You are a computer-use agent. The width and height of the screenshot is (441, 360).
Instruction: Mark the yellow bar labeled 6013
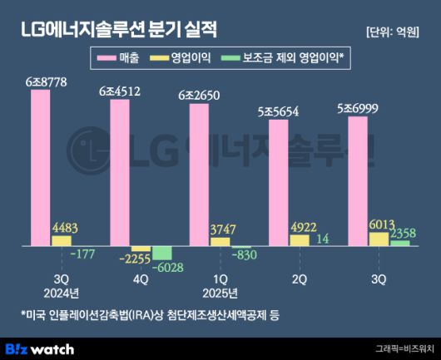pos(378,239)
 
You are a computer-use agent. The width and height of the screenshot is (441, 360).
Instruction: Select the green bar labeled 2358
pos(399,244)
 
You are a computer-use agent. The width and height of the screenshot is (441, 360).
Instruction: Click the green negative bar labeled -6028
pos(161,253)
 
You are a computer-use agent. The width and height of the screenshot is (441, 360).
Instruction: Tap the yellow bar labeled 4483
pos(61,241)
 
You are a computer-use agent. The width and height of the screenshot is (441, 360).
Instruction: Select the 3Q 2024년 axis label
pos(61,286)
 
